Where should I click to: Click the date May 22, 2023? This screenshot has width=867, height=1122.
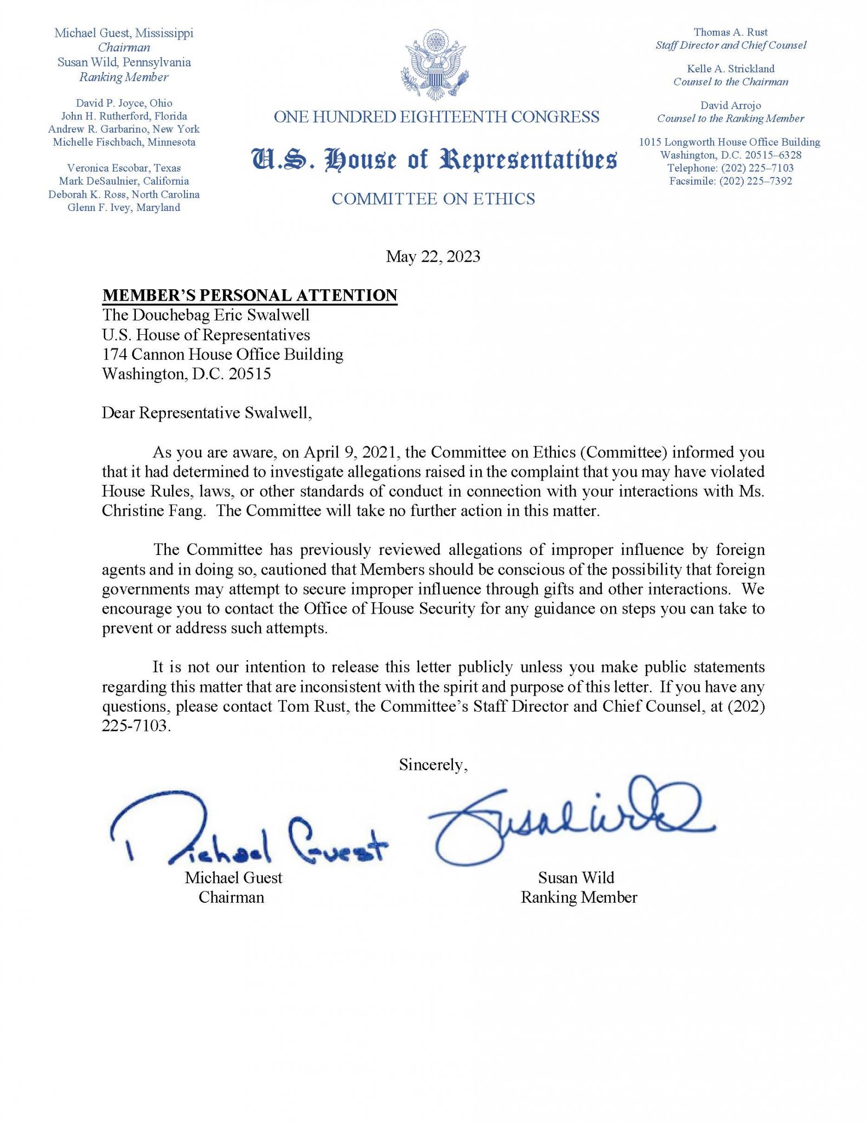click(x=433, y=256)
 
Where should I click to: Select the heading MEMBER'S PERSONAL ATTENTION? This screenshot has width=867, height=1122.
click(x=250, y=295)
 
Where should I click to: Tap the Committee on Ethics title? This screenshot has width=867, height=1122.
click(x=433, y=199)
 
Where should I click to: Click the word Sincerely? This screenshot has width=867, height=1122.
click(x=433, y=764)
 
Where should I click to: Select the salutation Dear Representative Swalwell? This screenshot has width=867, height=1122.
click(x=206, y=413)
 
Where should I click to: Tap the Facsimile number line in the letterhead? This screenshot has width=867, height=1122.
click(x=730, y=181)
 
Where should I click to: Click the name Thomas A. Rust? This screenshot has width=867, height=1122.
click(x=731, y=32)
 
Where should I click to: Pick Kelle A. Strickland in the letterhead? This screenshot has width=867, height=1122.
click(x=731, y=69)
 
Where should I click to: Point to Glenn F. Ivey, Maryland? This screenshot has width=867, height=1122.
click(x=124, y=208)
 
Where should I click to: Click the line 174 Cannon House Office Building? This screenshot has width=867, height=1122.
click(x=222, y=354)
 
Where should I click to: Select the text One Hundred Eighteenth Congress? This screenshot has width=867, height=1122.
click(x=436, y=117)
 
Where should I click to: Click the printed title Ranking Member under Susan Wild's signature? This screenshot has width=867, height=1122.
click(x=578, y=897)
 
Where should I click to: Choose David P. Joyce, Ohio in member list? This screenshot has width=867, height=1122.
click(x=124, y=103)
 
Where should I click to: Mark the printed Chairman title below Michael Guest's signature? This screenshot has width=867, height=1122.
click(x=231, y=897)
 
